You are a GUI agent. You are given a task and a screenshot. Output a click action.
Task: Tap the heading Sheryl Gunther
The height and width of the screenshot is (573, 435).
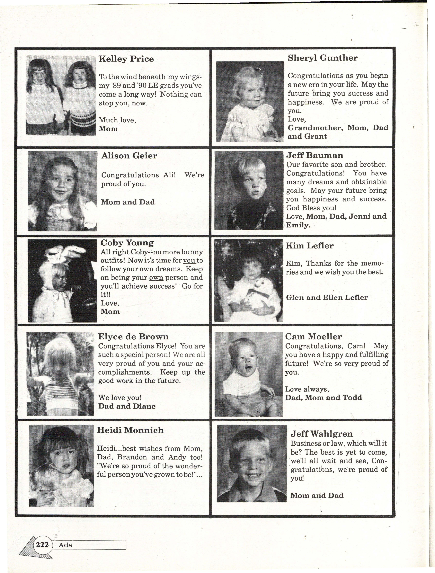coord(323,58)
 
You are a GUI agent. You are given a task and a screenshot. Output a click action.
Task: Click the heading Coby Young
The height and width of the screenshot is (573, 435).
coord(127,243)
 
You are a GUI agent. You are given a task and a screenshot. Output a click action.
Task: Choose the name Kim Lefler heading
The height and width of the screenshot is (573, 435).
coord(309,246)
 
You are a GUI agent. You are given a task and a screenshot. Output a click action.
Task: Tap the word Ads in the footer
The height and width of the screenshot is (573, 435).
coord(65,545)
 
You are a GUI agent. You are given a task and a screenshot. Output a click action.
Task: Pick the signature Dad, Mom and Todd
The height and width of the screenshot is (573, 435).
coord(323,398)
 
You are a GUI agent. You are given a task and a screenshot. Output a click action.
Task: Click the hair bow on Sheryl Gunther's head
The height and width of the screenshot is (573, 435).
coord(257,69)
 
